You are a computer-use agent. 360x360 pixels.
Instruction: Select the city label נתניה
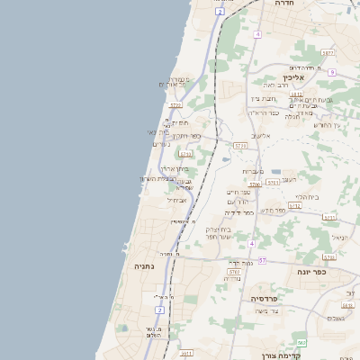click(145, 267)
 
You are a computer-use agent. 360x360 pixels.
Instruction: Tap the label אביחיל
click(176, 200)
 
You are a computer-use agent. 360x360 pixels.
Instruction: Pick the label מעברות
click(252, 171)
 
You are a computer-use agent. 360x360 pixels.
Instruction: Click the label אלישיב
click(261, 136)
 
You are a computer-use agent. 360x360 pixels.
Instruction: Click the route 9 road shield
click(331, 72)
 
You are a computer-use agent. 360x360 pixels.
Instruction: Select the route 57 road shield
click(262, 261)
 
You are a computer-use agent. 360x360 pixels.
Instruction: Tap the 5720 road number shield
click(239, 145)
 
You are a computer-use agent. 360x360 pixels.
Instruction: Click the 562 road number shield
click(302, 342)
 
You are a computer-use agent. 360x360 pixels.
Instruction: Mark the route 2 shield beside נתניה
click(159, 310)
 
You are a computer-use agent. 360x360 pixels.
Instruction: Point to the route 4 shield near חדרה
click(257, 34)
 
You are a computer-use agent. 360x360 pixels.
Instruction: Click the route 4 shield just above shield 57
click(252, 243)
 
